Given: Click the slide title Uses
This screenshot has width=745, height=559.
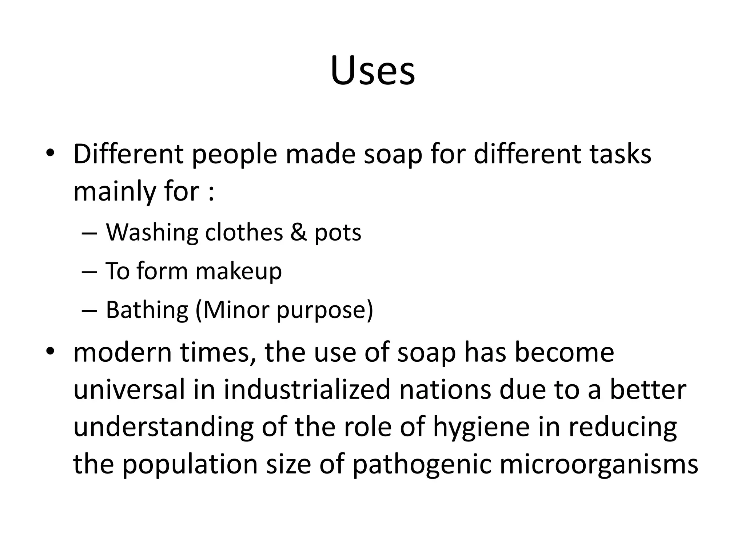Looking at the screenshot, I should click(x=372, y=71).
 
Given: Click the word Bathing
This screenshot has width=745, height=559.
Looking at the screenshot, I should click(x=147, y=310).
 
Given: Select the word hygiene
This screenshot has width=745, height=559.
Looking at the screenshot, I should click(x=481, y=428).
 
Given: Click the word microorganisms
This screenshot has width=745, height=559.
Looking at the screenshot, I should click(x=599, y=465).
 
